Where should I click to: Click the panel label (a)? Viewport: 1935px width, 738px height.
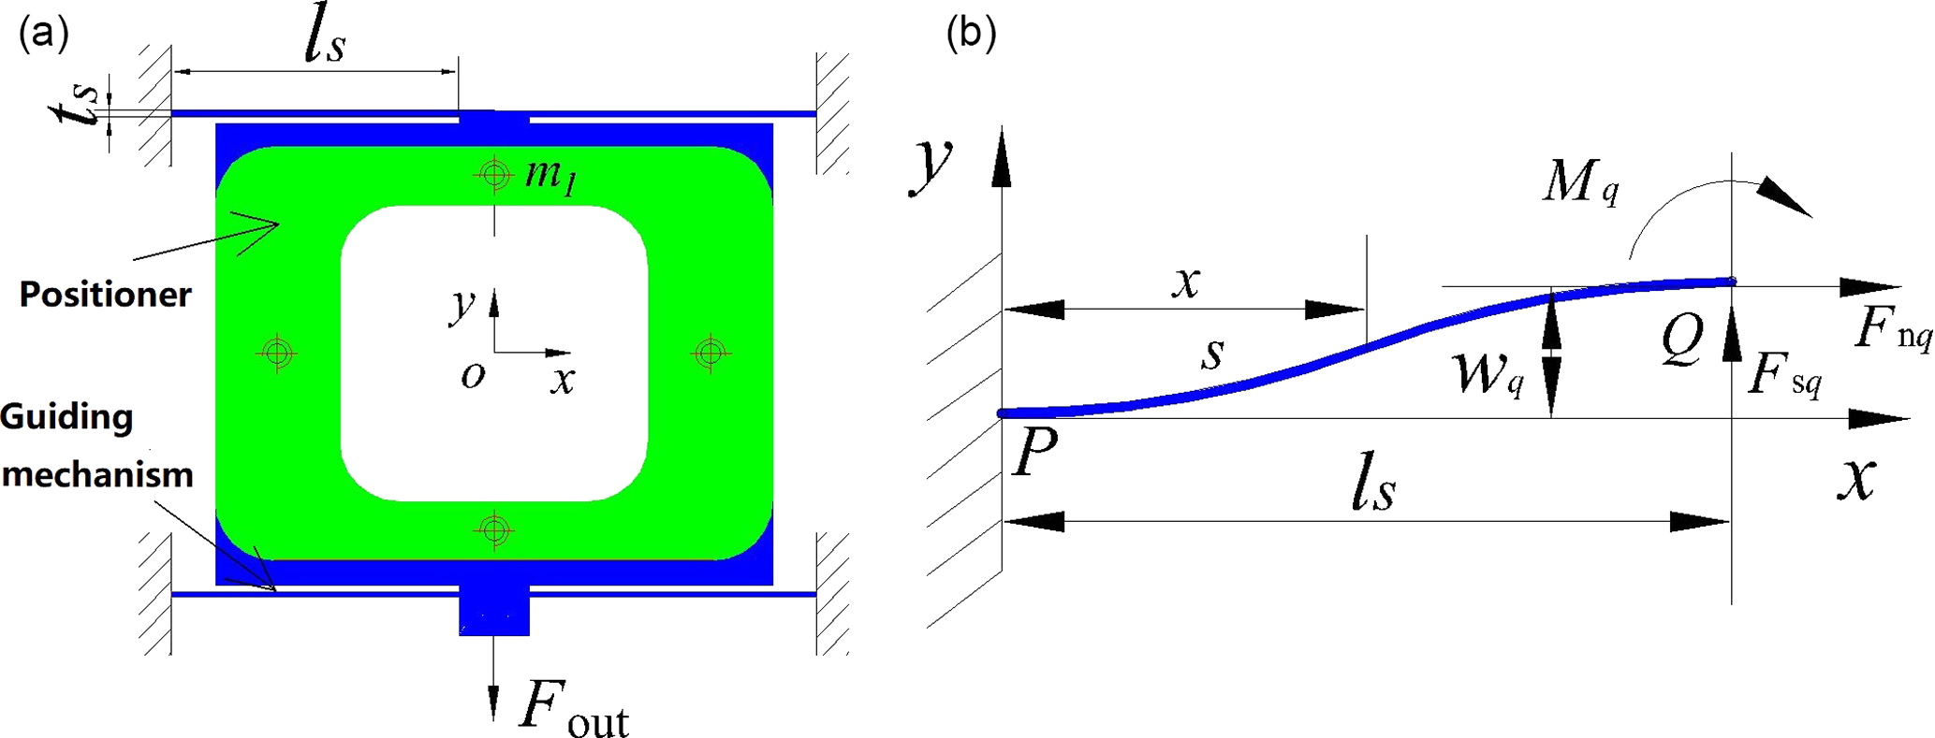point(43,35)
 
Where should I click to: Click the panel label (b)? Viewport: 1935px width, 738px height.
point(971,35)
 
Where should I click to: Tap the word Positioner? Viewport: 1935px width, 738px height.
point(105,295)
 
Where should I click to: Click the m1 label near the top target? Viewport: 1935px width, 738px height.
point(550,175)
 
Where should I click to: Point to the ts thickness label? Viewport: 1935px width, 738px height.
point(75,112)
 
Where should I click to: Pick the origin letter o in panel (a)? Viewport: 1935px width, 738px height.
point(473,375)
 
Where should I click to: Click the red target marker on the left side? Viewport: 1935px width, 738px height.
point(277,353)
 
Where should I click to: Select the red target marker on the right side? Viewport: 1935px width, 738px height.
point(711,353)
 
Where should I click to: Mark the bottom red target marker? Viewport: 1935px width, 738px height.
point(495,531)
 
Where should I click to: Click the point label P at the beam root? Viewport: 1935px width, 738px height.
point(1034,453)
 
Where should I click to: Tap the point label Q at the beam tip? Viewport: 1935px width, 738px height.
point(1681,340)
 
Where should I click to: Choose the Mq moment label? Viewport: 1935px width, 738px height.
point(1580,182)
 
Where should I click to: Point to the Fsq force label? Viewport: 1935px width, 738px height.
point(1784,375)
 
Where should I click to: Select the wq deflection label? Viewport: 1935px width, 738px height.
point(1489,373)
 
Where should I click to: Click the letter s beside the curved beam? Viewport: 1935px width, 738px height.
point(1213,354)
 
